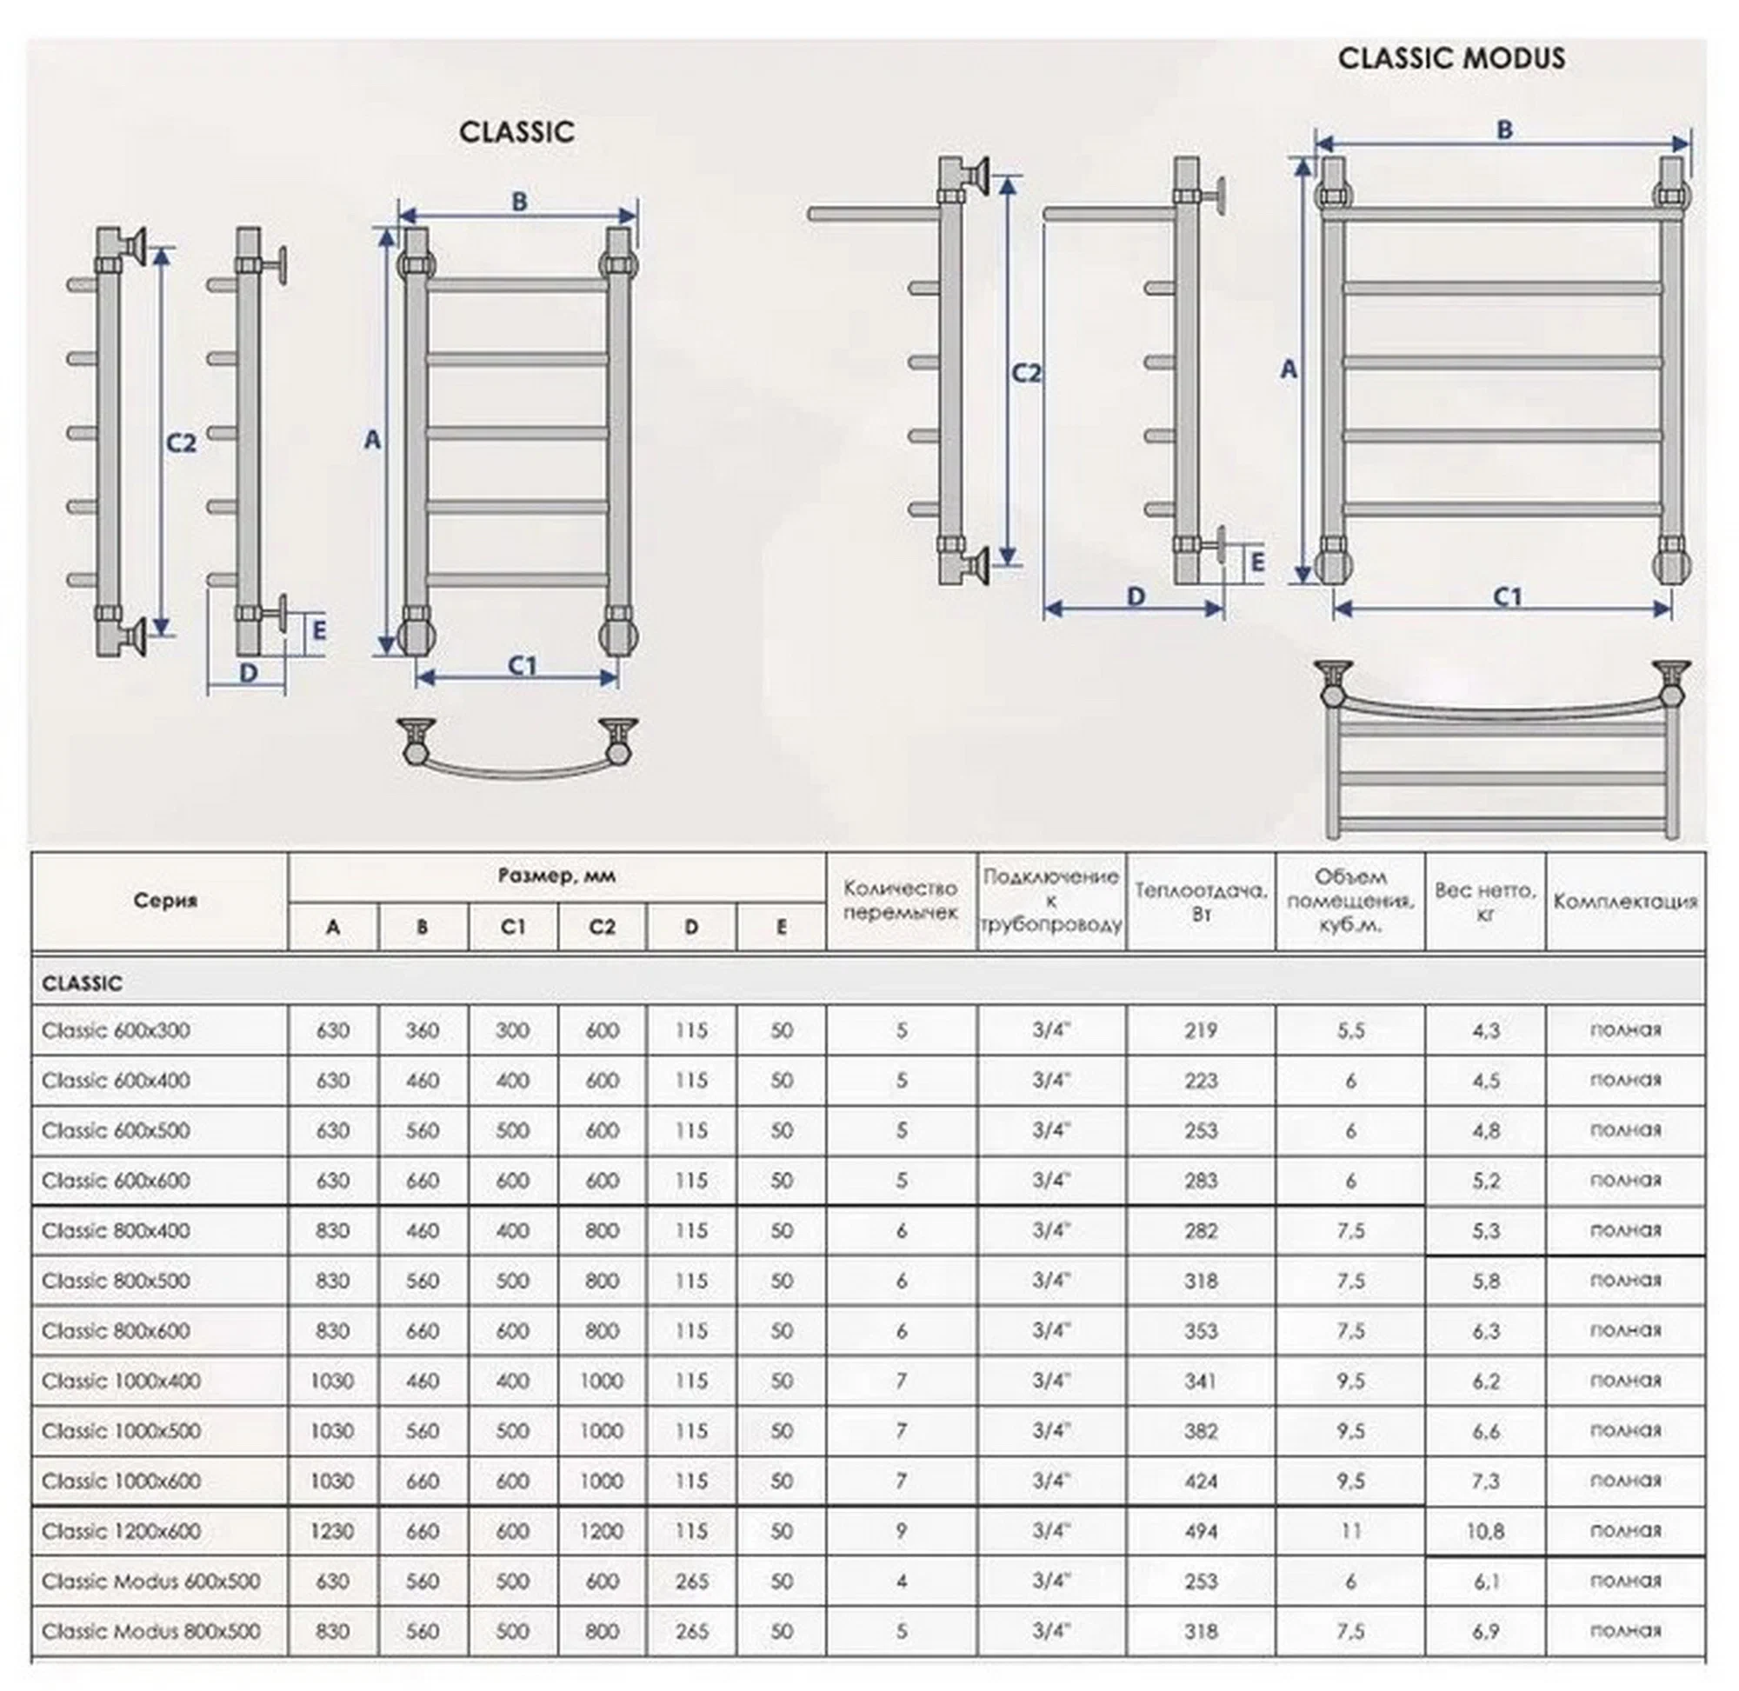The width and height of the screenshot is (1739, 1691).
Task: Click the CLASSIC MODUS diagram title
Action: tap(1450, 58)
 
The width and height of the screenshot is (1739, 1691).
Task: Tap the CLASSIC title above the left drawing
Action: tap(516, 132)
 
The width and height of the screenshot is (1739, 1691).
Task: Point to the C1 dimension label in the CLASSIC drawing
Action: tap(523, 665)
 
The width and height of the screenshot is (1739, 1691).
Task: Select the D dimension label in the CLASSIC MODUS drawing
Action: tap(1136, 596)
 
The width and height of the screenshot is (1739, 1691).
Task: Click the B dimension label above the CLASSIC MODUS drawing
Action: tap(1503, 130)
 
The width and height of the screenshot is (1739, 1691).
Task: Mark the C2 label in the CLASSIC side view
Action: tap(181, 442)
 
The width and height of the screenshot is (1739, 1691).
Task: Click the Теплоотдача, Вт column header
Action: tap(1200, 900)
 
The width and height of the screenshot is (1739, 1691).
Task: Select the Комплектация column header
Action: tap(1624, 901)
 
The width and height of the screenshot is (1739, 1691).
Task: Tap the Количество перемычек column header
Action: tap(901, 900)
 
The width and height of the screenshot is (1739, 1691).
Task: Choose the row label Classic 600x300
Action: tap(116, 1030)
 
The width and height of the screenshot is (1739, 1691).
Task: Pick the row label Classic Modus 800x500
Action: tap(151, 1632)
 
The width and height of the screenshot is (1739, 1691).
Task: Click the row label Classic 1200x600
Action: tap(121, 1531)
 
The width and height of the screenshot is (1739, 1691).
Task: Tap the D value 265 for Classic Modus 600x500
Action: tap(691, 1581)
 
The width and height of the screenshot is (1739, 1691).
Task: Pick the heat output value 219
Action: tap(1200, 1030)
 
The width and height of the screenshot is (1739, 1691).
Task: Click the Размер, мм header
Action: tap(556, 875)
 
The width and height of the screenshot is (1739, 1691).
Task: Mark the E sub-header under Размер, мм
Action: tap(781, 927)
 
